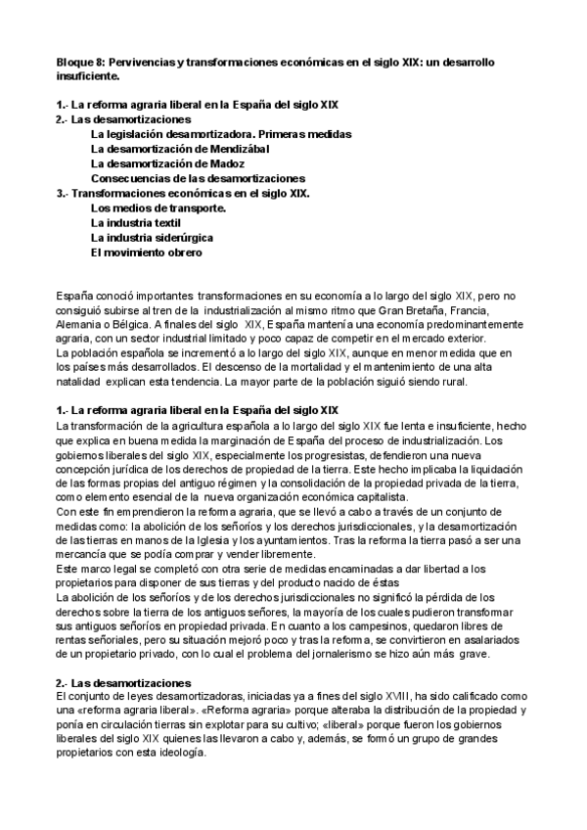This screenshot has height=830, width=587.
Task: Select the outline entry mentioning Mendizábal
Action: click(180, 149)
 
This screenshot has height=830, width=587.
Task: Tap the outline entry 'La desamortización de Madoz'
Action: click(166, 163)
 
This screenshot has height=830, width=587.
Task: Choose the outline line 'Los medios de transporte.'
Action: click(158, 208)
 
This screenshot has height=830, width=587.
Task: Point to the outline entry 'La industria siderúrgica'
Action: click(153, 238)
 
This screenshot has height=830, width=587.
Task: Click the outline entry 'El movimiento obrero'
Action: click(147, 253)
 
